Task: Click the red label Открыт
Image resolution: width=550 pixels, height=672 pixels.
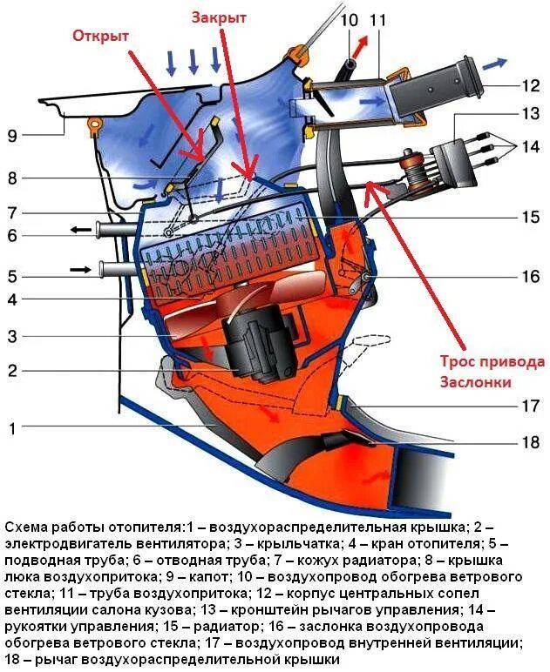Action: tap(101, 36)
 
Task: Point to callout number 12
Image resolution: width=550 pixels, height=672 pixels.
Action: tap(531, 85)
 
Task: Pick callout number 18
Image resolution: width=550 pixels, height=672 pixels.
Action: tap(531, 442)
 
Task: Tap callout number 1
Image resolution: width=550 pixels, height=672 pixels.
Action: tap(11, 427)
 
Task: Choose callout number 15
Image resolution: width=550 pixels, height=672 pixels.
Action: tap(531, 218)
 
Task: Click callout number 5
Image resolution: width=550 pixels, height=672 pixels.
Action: tap(11, 278)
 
